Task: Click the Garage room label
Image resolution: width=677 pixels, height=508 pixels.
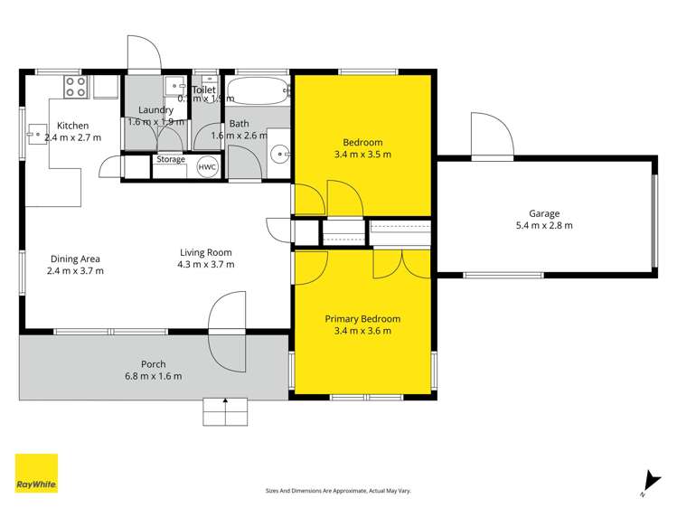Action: (x=544, y=213)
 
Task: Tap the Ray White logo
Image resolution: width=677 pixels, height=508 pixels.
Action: (x=36, y=474)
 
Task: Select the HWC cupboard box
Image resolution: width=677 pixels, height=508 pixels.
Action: (x=207, y=167)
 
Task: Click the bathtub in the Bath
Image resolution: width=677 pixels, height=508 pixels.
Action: (x=258, y=91)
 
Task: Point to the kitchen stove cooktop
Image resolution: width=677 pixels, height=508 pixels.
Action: (x=75, y=87)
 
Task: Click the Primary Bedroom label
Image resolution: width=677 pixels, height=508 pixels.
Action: (x=362, y=319)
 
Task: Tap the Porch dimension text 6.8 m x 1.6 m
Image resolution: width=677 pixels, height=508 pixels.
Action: (x=153, y=376)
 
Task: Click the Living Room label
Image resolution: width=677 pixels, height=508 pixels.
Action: (x=205, y=253)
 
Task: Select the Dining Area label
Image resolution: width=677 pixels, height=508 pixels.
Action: (x=75, y=259)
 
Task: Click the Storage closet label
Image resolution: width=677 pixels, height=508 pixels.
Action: (x=171, y=160)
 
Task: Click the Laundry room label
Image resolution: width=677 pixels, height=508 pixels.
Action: (x=150, y=110)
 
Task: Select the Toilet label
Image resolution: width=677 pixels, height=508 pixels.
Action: (x=203, y=90)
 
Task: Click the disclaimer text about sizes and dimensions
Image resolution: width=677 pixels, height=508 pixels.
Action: (x=338, y=491)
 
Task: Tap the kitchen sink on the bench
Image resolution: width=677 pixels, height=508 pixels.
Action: (x=37, y=135)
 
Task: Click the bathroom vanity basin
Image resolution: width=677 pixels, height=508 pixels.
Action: (x=279, y=153)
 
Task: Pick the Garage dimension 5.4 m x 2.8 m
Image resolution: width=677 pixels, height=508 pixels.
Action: (x=544, y=226)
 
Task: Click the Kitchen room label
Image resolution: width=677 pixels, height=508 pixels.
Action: (x=73, y=126)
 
